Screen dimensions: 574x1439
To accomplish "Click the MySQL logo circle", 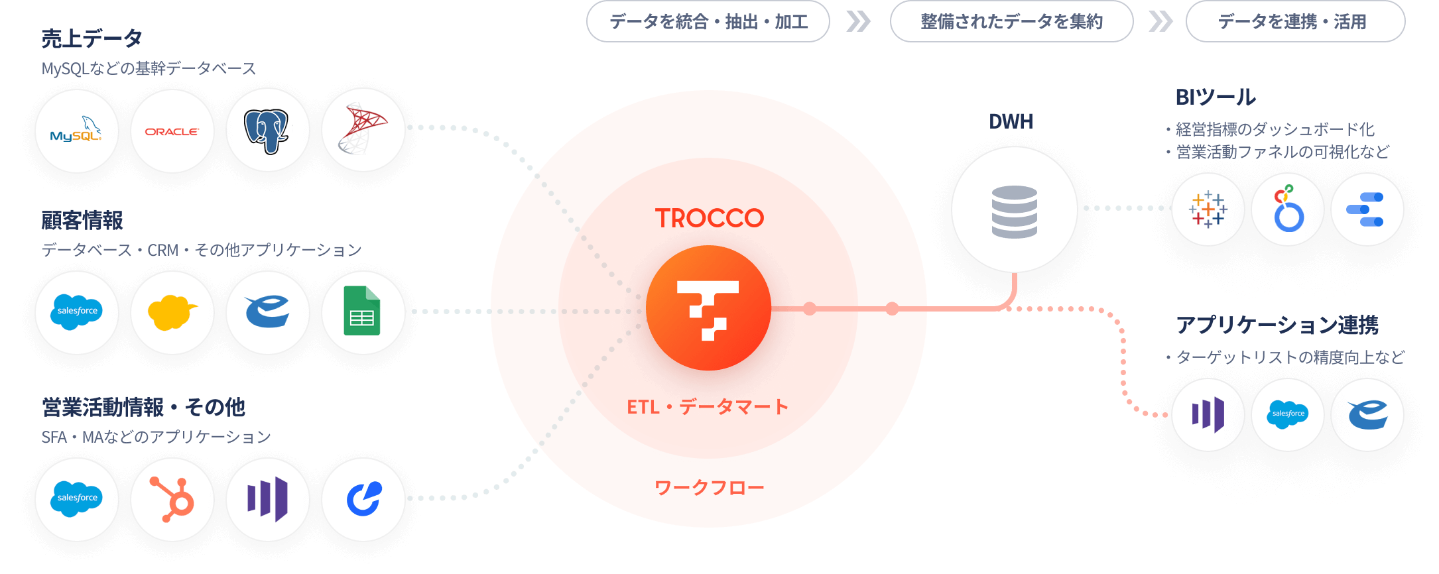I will click(x=77, y=131).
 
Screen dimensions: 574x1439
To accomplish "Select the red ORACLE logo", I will click(x=172, y=131).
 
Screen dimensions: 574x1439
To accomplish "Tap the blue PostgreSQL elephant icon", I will click(x=267, y=131).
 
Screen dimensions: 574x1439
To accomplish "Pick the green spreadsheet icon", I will click(x=363, y=311).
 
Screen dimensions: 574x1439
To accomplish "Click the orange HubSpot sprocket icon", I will click(x=172, y=498).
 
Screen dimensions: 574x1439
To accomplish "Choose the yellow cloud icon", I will click(x=172, y=312).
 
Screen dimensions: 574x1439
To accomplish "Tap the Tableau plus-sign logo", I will click(x=1208, y=209).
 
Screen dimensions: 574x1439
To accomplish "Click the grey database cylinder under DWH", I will click(x=1014, y=211).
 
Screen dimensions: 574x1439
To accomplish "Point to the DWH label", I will click(x=1011, y=121).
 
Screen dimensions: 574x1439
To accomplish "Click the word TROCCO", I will click(x=709, y=218).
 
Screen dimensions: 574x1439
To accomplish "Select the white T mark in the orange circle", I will click(x=708, y=309).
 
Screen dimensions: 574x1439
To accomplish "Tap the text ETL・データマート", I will click(x=708, y=406).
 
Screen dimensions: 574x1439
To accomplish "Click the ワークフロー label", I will click(x=709, y=488).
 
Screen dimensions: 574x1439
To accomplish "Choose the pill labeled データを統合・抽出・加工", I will click(x=708, y=22).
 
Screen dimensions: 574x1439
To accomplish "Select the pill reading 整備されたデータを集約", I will click(x=1011, y=22).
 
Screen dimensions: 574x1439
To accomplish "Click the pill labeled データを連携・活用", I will click(x=1294, y=22).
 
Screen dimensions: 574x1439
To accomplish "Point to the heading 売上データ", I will click(x=92, y=39).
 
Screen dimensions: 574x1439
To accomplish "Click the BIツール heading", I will click(x=1215, y=97).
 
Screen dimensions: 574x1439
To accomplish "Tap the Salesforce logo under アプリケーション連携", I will click(x=1287, y=414).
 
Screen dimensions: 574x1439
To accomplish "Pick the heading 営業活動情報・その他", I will click(x=143, y=406).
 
